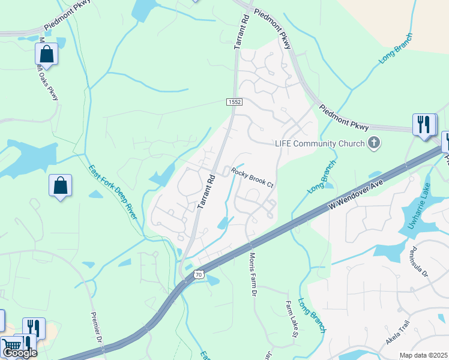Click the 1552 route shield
point(235,103)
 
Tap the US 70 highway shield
point(198,274)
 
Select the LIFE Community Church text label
point(320,143)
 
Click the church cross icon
point(374,143)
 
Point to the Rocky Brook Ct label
point(252,178)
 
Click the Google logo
point(20,353)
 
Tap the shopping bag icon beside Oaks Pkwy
point(47,54)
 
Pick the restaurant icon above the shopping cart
point(33,328)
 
